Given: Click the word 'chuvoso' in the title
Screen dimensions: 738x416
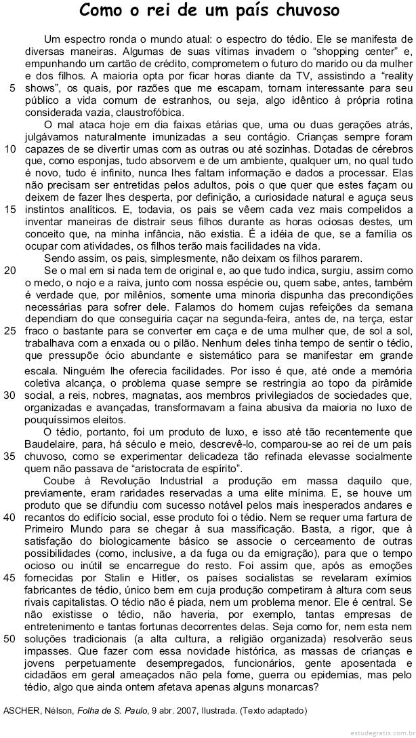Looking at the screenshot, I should (299, 12).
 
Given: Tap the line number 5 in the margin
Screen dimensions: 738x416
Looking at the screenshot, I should (13, 89).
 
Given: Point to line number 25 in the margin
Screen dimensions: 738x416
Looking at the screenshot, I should (9, 331).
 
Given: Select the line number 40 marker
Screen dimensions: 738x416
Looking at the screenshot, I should (9, 535).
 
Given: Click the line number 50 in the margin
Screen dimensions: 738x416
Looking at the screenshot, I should (9, 638).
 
